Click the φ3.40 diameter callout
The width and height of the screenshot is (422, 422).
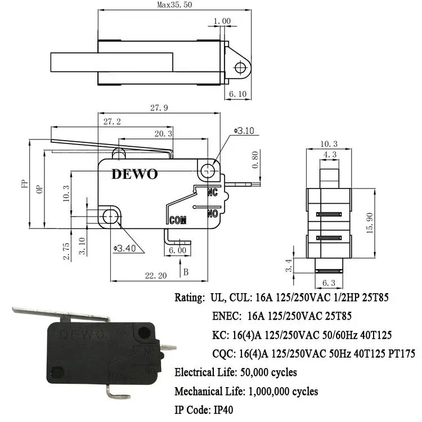(125, 248)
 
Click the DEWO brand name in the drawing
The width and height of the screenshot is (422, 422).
(134, 174)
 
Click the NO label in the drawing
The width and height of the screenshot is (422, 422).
(213, 213)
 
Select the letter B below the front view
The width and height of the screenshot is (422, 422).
(186, 272)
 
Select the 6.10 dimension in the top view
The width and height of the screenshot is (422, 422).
(239, 95)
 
